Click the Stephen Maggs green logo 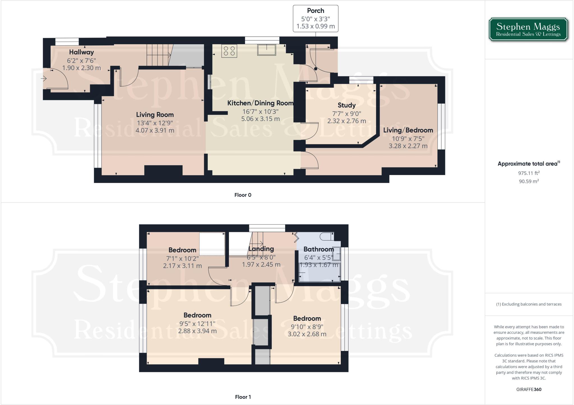(x=528, y=30)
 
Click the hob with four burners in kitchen (x=229, y=51)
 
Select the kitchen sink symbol (x=267, y=50)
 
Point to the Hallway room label (x=81, y=52)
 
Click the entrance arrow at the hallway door (x=44, y=79)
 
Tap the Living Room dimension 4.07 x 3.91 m (x=155, y=131)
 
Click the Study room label (x=346, y=105)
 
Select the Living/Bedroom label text (x=408, y=130)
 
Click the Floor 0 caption (x=243, y=195)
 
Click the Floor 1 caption (x=243, y=397)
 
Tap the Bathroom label (x=318, y=249)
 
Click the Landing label (x=261, y=249)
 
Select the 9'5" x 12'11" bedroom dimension (x=197, y=324)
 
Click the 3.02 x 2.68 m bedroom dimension (x=307, y=334)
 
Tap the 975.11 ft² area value (x=529, y=173)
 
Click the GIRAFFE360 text (x=529, y=389)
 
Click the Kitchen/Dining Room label (x=260, y=103)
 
